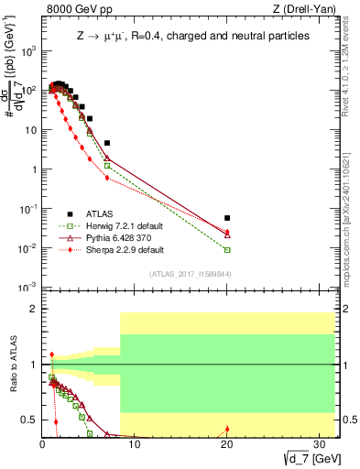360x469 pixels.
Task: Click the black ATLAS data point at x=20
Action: (x=227, y=218)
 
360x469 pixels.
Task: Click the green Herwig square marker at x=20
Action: (x=227, y=250)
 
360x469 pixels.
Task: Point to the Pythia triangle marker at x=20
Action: (x=227, y=234)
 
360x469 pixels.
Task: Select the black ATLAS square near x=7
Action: (x=107, y=143)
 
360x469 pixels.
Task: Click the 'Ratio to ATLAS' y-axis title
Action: (x=12, y=365)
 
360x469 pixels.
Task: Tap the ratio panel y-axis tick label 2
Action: (x=29, y=309)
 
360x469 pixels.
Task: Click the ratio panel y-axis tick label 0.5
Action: (x=26, y=420)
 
